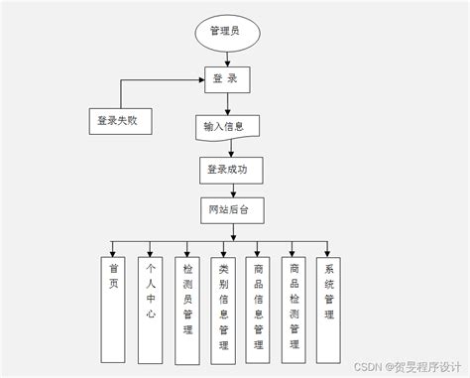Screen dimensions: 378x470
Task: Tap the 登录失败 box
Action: coord(122,121)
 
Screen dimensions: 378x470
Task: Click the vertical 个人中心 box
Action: coord(149,298)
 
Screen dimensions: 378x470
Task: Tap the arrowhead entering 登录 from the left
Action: coord(201,79)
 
